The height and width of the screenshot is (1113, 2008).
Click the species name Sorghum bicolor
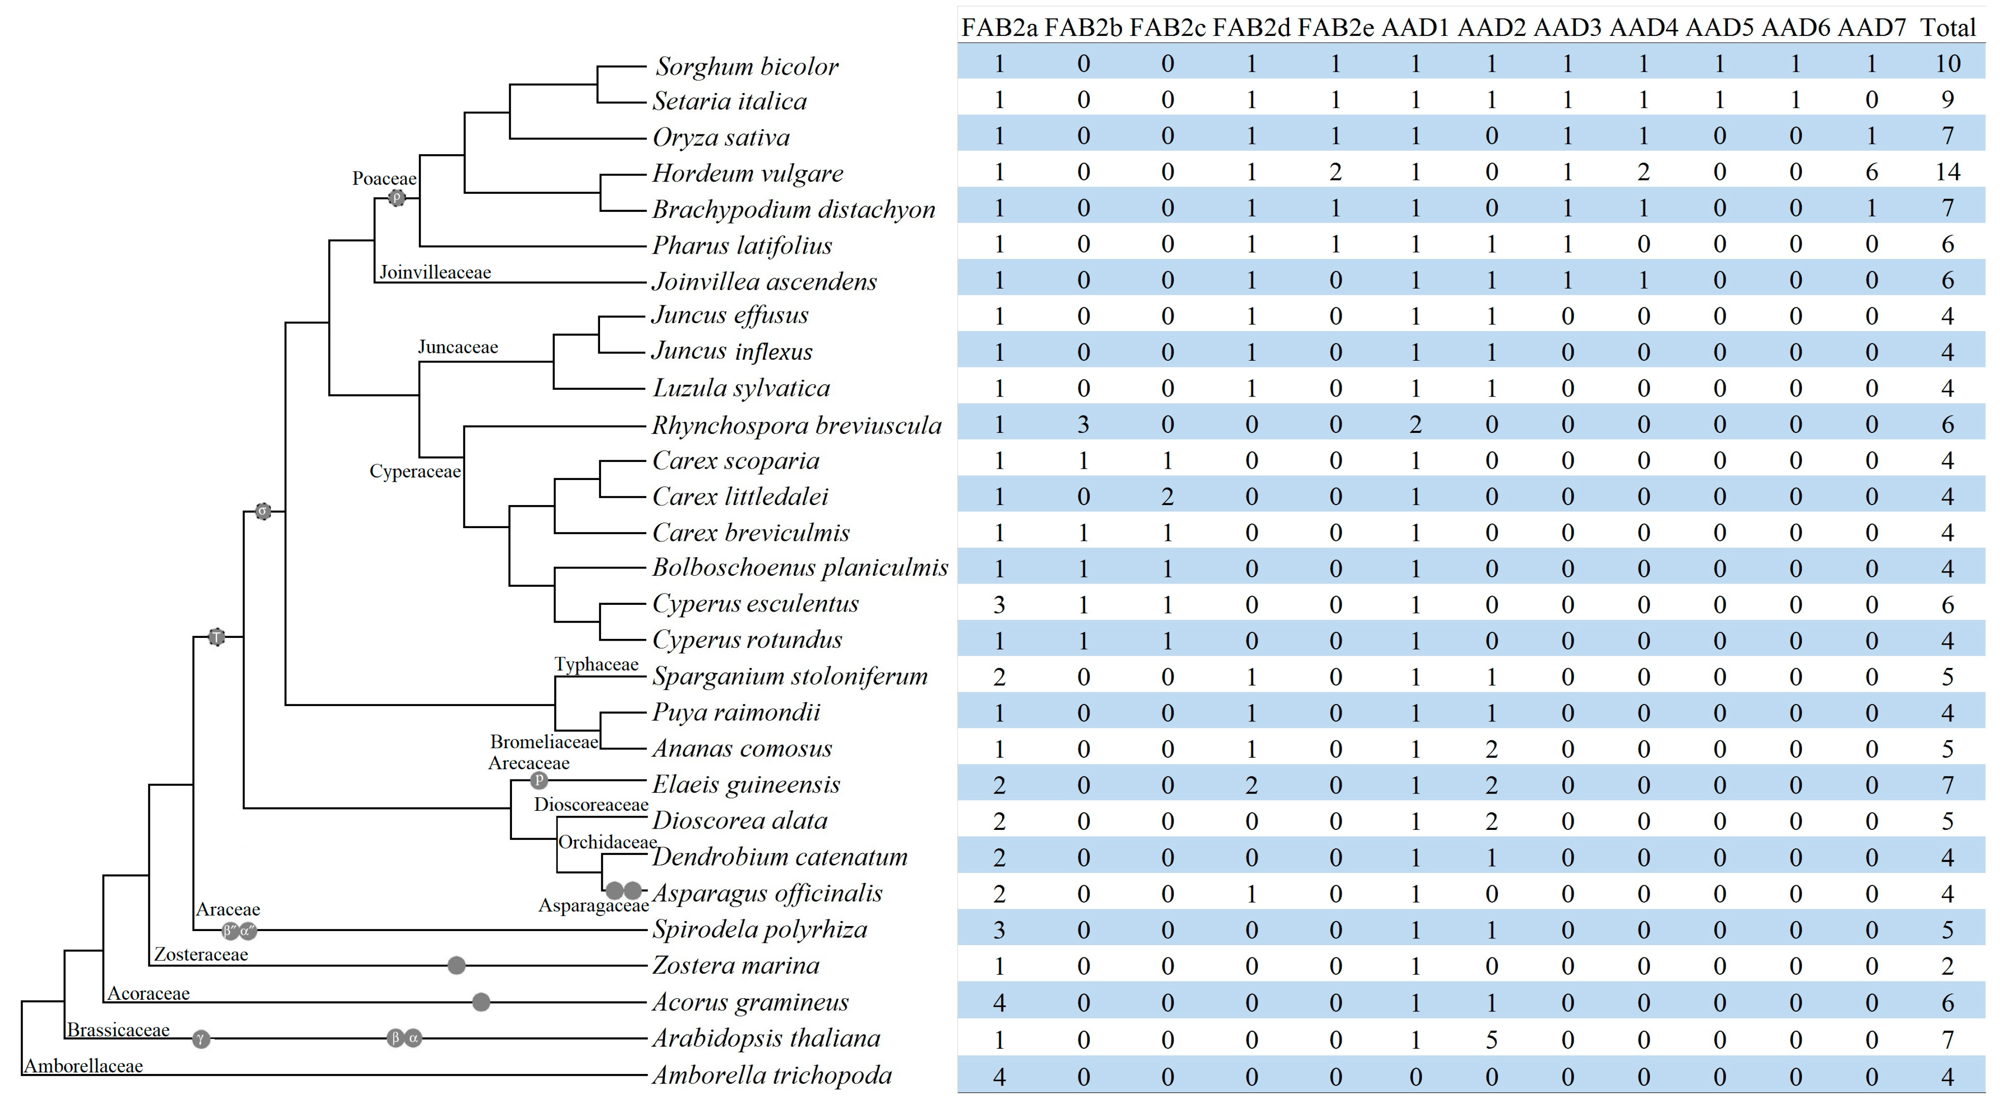(746, 66)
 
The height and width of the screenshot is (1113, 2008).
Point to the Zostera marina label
(736, 965)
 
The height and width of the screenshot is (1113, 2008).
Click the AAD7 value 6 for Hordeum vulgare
(1871, 172)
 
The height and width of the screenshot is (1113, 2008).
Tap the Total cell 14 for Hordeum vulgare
(1947, 172)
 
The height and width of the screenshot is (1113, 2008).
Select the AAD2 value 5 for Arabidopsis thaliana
(1491, 1039)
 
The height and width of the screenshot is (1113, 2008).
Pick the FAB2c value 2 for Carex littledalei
(1167, 496)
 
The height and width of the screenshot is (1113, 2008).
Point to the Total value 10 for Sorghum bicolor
(1947, 63)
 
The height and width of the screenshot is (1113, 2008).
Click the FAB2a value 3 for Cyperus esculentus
(999, 605)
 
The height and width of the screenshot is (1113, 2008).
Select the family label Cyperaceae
(415, 471)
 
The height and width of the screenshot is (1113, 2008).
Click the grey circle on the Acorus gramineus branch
(481, 1002)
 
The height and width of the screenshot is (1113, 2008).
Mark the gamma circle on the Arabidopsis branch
(201, 1039)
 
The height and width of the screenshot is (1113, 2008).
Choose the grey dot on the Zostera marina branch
(456, 966)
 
